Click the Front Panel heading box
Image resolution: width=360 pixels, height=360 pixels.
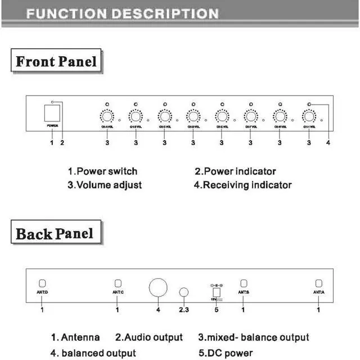(x=56, y=61)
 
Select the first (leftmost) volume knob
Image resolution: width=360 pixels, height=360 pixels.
(x=106, y=116)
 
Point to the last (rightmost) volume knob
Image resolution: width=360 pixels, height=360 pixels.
(x=308, y=116)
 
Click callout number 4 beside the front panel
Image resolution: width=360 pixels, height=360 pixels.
(x=328, y=143)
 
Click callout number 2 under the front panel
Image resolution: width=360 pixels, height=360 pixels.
(x=62, y=143)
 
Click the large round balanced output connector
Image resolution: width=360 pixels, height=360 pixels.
(x=158, y=287)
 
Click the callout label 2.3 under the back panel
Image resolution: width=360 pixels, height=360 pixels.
(x=184, y=309)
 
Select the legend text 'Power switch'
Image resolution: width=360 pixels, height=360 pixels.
(x=106, y=172)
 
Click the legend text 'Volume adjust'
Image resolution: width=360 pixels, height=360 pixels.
(x=109, y=184)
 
